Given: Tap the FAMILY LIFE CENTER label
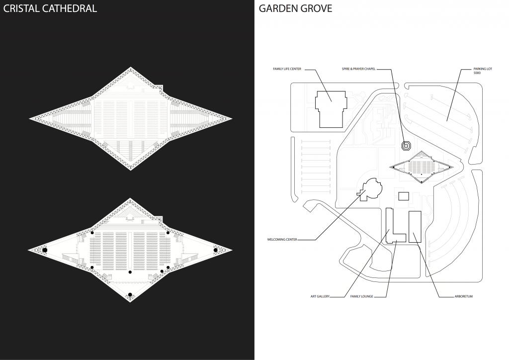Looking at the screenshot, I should tap(287, 69).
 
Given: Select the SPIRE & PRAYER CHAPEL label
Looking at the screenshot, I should tap(358, 69).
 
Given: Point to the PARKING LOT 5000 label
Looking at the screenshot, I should tap(467, 71).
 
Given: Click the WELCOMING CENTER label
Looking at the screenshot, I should tap(282, 240).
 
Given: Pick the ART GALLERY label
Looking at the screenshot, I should tap(320, 297).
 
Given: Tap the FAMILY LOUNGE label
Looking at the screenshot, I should tap(361, 297).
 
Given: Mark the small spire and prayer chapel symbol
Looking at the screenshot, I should tap(406, 145).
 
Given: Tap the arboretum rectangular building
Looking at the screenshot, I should tap(415, 227).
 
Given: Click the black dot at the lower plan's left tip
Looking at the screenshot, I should tap(45, 250).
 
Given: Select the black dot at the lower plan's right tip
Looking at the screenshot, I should tap(216, 250).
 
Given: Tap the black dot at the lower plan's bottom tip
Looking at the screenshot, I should tap(130, 295).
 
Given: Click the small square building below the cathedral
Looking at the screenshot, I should tap(404, 196).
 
